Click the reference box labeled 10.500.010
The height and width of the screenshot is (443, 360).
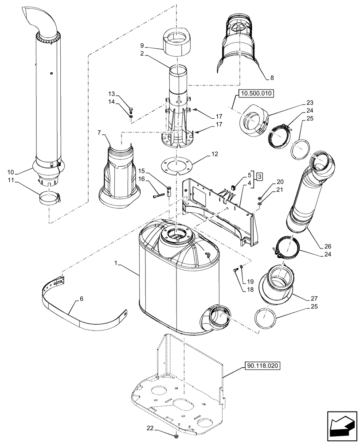pyautogui.click(x=256, y=93)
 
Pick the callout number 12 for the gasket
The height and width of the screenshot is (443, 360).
pyautogui.click(x=215, y=155)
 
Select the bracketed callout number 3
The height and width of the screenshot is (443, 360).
pyautogui.click(x=259, y=176)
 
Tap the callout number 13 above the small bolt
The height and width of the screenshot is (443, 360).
pyautogui.click(x=111, y=93)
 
